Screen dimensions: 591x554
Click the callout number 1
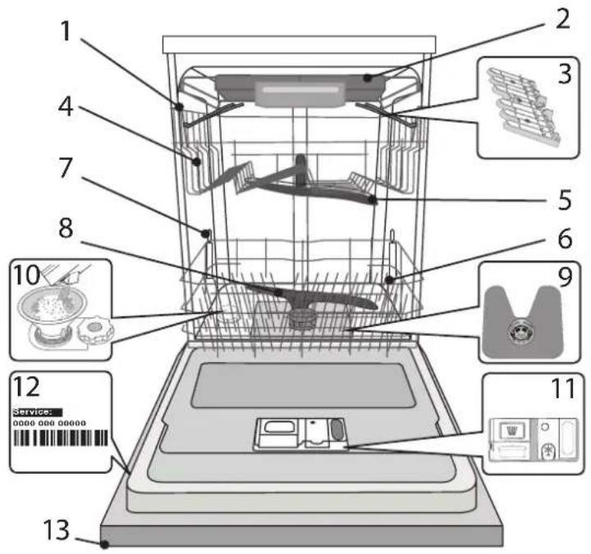(x=66, y=31)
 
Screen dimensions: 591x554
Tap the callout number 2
(x=563, y=19)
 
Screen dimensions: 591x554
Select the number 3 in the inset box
(x=565, y=74)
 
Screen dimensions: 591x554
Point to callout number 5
(x=565, y=200)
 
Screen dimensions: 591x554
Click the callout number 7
(x=65, y=168)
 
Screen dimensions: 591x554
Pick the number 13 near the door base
(x=57, y=530)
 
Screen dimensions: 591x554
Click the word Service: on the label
(x=37, y=412)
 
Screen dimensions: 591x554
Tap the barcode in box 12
(x=61, y=438)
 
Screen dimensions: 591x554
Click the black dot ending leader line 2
(x=368, y=79)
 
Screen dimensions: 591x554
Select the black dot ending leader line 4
(x=196, y=161)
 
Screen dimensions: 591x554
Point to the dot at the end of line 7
(x=205, y=234)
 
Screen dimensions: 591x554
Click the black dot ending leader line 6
(x=389, y=279)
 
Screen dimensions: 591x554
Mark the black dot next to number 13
(x=106, y=544)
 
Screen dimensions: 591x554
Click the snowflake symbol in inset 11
(x=546, y=451)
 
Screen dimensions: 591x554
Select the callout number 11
(x=563, y=388)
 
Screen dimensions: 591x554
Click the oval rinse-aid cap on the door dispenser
(x=337, y=429)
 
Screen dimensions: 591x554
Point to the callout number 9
(x=565, y=277)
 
